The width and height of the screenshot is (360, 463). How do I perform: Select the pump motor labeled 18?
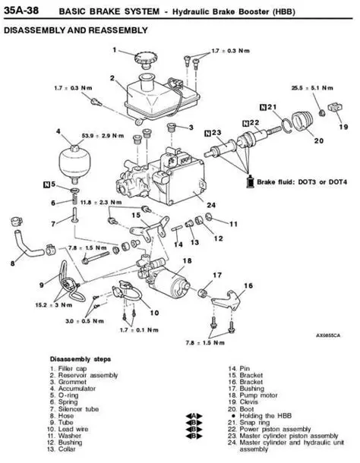pos(178,288)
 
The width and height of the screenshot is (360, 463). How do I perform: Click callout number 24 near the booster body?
pos(211,204)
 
